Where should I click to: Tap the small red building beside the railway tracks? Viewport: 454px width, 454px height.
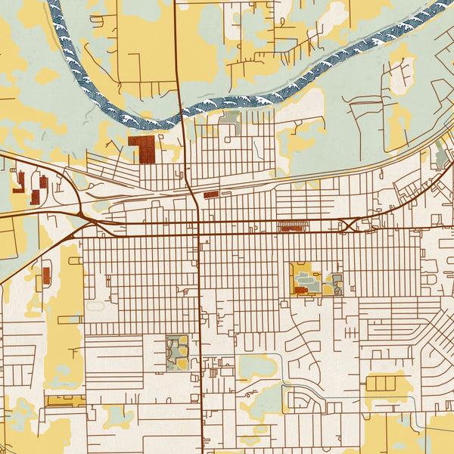[x=211, y=194]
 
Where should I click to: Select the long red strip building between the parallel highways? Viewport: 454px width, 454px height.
[x=290, y=225]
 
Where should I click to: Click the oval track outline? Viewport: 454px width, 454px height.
[x=95, y=306]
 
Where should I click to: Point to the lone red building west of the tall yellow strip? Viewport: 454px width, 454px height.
[x=46, y=275]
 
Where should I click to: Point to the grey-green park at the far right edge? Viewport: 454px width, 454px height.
[x=440, y=157]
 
